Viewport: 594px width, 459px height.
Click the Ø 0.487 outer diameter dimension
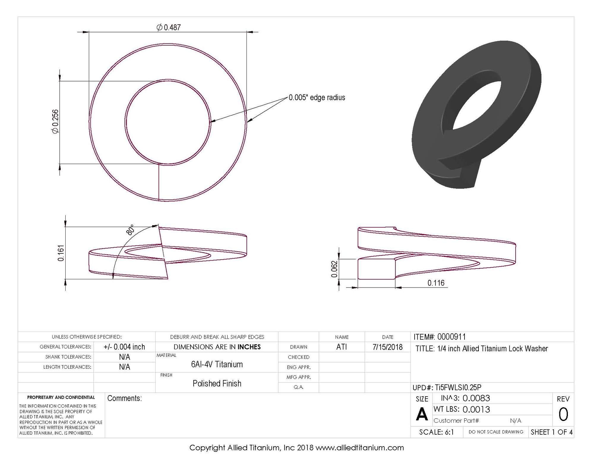point(169,28)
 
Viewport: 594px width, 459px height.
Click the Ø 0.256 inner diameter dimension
point(56,122)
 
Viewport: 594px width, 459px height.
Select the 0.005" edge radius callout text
point(317,98)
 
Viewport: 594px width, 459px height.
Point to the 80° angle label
point(130,230)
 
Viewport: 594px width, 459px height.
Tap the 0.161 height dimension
point(61,253)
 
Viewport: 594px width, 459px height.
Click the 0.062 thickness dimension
point(334,269)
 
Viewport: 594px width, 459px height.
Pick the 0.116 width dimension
point(436,283)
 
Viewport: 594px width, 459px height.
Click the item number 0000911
point(451,337)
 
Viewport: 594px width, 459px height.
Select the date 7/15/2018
point(387,347)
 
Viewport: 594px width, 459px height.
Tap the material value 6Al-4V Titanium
point(217,364)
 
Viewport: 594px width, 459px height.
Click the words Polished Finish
point(217,384)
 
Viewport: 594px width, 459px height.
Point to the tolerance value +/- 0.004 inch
point(124,347)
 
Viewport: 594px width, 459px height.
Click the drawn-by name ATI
point(342,347)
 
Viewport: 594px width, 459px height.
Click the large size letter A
point(422,414)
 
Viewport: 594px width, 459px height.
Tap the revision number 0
point(563,414)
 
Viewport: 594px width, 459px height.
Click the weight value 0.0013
point(476,409)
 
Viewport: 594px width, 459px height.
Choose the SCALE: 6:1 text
point(436,432)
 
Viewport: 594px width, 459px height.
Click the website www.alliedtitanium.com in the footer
point(359,448)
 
